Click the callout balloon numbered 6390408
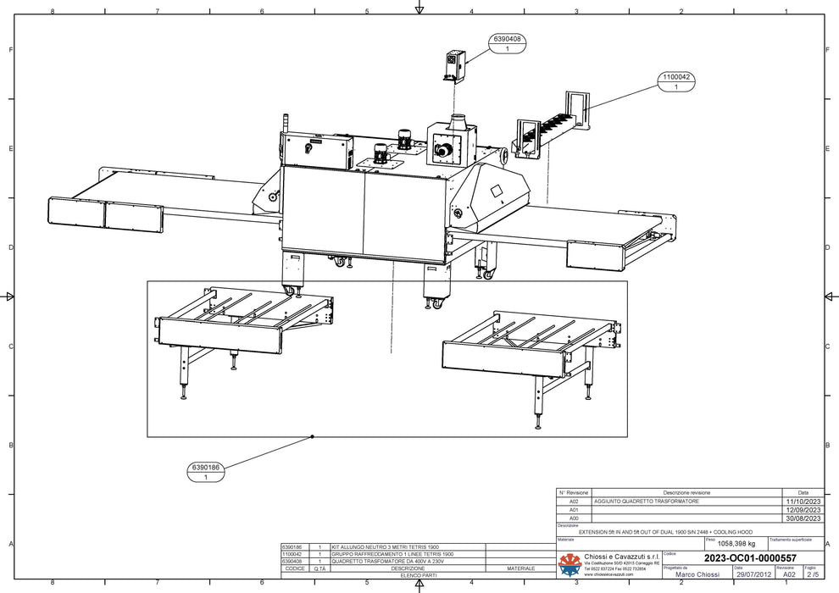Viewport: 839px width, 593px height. [x=506, y=44]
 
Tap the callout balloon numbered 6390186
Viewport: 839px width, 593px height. [x=206, y=472]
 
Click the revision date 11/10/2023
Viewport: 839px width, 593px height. [x=801, y=502]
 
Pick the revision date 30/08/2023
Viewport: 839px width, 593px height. [x=801, y=518]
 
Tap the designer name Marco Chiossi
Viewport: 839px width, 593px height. [x=697, y=574]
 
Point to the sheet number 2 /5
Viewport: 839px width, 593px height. [x=812, y=574]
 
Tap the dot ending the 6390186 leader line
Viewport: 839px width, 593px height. [x=313, y=436]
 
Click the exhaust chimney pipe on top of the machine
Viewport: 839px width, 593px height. [x=458, y=122]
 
